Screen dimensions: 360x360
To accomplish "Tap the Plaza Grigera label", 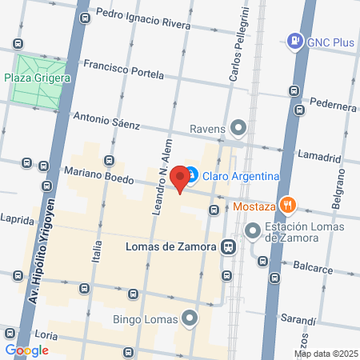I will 38,78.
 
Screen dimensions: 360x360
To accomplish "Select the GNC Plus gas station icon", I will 295,40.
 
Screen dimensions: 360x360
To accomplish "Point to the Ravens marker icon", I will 238,128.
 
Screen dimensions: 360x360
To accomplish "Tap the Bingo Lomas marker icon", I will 190,318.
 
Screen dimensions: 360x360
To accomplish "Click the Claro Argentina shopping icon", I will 192,176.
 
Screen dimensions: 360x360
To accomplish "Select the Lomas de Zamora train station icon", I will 229,247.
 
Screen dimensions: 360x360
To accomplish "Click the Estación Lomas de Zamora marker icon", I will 254,231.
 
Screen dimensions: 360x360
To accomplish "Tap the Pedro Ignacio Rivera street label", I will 142,18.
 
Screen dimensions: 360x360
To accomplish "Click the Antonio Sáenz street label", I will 106,121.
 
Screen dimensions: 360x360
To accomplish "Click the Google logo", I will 27,350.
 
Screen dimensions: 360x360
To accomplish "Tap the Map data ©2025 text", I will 326,354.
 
